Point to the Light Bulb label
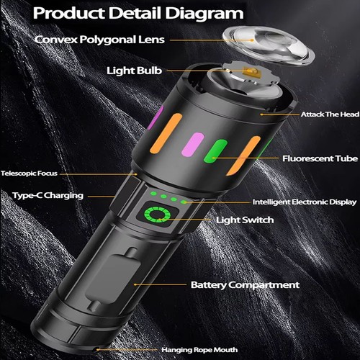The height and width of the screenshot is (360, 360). (135, 71)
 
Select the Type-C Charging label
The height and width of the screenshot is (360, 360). (48, 195)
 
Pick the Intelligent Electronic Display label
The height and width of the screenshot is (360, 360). (303, 202)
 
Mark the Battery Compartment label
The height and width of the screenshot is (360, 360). (245, 285)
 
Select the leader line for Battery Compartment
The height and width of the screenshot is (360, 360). (162, 285)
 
